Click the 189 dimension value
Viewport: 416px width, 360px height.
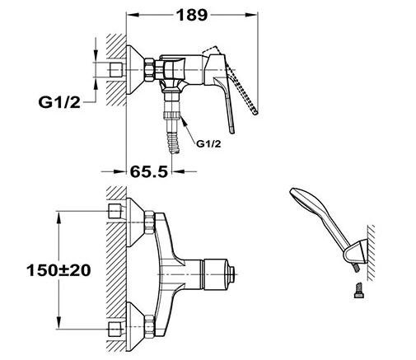[x=191, y=15]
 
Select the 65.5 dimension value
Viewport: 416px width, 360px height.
[x=148, y=172]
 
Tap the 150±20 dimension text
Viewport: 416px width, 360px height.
[x=58, y=270]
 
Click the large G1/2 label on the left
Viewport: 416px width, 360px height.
[x=59, y=102]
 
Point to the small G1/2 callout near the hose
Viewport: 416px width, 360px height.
[x=208, y=143]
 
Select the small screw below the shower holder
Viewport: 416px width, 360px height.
[x=358, y=291]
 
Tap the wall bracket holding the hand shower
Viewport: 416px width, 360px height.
[x=356, y=252]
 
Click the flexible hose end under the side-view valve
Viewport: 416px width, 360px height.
[x=173, y=143]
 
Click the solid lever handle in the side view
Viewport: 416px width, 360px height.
[x=221, y=88]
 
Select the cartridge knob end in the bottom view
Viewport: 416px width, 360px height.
[x=232, y=274]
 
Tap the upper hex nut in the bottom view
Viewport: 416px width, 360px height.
[x=149, y=222]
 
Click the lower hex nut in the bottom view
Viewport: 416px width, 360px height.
[x=149, y=327]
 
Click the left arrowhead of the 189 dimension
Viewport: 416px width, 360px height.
[x=132, y=15]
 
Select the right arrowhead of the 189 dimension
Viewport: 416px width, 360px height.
[x=251, y=15]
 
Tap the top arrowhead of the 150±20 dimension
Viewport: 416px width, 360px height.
[x=59, y=217]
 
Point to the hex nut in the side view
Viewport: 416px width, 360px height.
[x=150, y=70]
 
